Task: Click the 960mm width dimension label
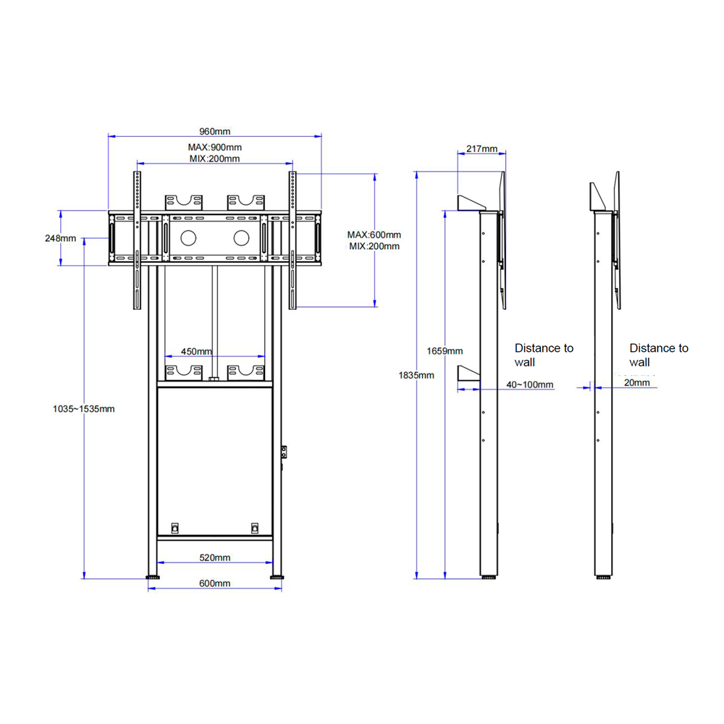[x=214, y=131]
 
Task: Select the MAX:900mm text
[x=214, y=147]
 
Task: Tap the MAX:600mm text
[x=374, y=235]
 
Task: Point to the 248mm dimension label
[x=60, y=238]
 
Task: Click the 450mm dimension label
[x=196, y=351]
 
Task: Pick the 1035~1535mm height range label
[x=83, y=408]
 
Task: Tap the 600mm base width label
[x=215, y=583]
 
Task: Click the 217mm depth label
[x=481, y=148]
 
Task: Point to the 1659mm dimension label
[x=445, y=350]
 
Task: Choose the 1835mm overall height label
[x=416, y=375]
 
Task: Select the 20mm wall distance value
[x=636, y=383]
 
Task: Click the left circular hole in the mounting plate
[x=189, y=237]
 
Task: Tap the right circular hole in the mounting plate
[x=243, y=237]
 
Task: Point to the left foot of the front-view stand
[x=153, y=577]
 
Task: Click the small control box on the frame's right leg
[x=285, y=452]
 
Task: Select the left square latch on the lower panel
[x=174, y=528]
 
